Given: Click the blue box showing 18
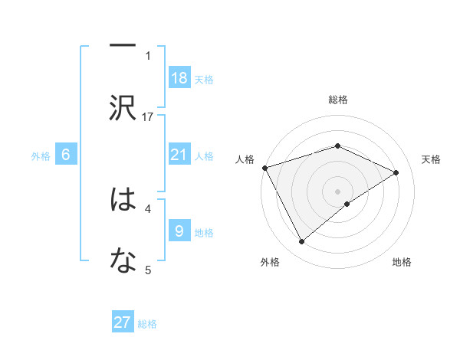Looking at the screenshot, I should pyautogui.click(x=179, y=78).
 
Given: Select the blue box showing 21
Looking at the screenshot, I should pyautogui.click(x=179, y=155).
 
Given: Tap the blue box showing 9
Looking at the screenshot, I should pyautogui.click(x=179, y=231).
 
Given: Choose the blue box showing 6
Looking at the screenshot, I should pyautogui.click(x=66, y=155).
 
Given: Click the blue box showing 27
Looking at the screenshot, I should pyautogui.click(x=123, y=322).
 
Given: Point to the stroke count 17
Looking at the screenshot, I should pyautogui.click(x=149, y=116).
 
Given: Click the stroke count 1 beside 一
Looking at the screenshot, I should pyautogui.click(x=148, y=55).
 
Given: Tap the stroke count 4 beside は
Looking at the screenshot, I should pyautogui.click(x=148, y=208).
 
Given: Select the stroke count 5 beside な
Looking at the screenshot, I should pyautogui.click(x=148, y=269).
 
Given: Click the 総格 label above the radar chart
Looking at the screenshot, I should pyautogui.click(x=338, y=100).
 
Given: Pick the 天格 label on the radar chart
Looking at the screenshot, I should pyautogui.click(x=431, y=159).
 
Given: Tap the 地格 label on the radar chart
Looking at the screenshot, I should pyautogui.click(x=402, y=262).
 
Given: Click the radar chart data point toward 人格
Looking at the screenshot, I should pyautogui.click(x=264, y=167).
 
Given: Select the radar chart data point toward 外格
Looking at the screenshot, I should pyautogui.click(x=301, y=242).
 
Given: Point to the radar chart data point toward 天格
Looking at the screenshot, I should pyautogui.click(x=396, y=172).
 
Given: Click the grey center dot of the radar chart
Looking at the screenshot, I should pyautogui.click(x=338, y=191).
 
